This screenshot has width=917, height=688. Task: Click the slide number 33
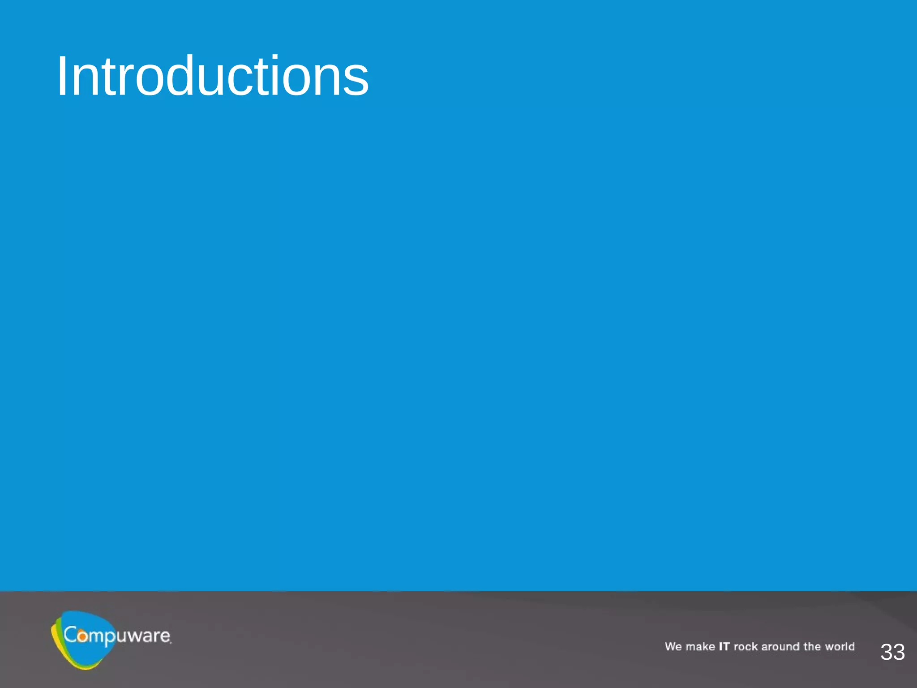[892, 652]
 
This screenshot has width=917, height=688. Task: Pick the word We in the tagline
[673, 646]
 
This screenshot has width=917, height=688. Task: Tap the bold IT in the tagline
[724, 646]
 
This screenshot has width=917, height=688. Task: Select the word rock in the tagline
[746, 646]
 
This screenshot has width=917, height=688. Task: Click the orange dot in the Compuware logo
[82, 636]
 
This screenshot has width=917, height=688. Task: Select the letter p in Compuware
[109, 638]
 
